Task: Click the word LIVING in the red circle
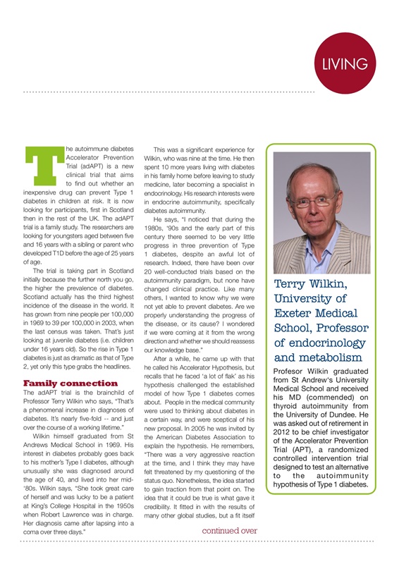[x=344, y=63]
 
